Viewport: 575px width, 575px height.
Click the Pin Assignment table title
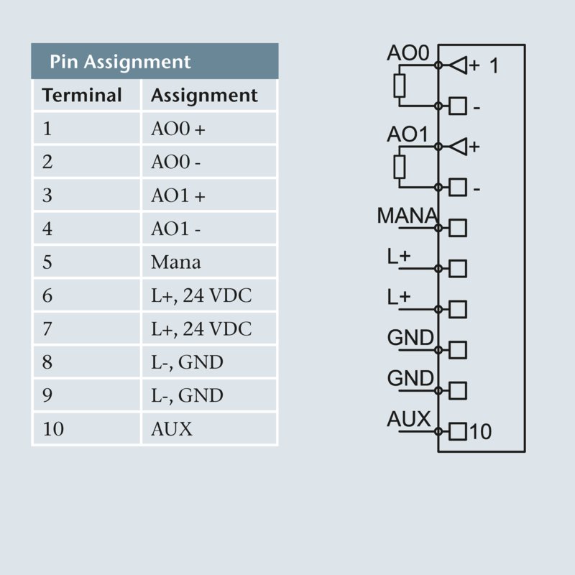coord(120,62)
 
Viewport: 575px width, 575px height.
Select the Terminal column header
coord(82,96)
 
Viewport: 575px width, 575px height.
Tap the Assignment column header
coord(204,96)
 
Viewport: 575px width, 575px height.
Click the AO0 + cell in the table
coord(178,129)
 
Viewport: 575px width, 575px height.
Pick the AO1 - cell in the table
coord(176,229)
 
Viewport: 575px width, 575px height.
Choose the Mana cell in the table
coord(176,262)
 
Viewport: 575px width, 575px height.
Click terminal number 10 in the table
coord(53,429)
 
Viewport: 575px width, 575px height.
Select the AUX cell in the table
coord(172,429)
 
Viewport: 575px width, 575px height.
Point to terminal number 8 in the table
coord(47,362)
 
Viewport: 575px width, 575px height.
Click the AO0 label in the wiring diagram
coord(408,54)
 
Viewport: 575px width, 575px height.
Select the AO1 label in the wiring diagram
coord(408,134)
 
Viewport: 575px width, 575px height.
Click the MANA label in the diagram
coord(407,215)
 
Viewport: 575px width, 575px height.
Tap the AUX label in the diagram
coord(408,419)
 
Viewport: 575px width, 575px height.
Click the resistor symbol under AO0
coord(400,86)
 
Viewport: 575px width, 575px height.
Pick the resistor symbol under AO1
coord(400,167)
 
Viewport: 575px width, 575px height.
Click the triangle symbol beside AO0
coord(458,66)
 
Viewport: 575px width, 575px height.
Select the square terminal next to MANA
coord(458,228)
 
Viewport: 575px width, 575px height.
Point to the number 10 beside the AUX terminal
coord(481,432)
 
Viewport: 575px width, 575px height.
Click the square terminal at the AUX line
coord(458,432)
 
